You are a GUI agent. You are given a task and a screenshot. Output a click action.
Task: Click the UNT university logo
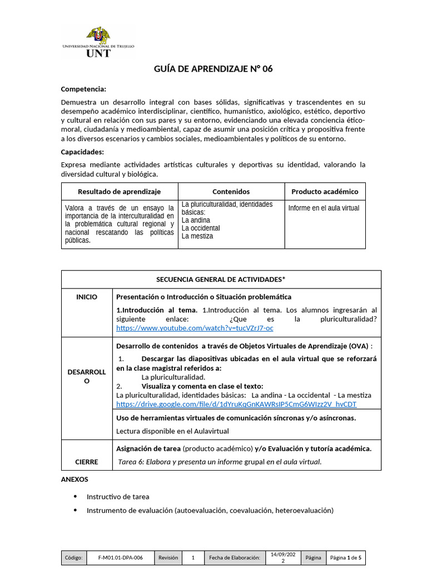(x=98, y=42)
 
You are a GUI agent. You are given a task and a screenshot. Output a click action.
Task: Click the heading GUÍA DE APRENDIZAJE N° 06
(x=213, y=69)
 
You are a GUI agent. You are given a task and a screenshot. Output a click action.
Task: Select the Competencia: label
(x=83, y=89)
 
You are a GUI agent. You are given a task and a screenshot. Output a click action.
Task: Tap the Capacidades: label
(x=82, y=152)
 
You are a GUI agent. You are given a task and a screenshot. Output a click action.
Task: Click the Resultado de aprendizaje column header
(x=119, y=192)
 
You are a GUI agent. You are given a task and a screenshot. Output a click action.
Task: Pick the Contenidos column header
(x=231, y=192)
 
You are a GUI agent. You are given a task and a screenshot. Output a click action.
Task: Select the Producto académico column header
(x=325, y=192)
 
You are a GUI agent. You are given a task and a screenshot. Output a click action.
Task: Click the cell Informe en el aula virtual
(x=324, y=208)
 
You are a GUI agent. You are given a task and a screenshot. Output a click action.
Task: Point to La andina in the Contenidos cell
(x=196, y=220)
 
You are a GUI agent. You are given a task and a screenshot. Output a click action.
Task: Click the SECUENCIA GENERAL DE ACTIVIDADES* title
(x=221, y=279)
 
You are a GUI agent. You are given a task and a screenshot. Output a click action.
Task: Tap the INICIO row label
(x=87, y=297)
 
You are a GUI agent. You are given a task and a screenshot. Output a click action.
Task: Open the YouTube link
(x=195, y=328)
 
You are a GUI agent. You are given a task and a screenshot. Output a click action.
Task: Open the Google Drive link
(x=236, y=404)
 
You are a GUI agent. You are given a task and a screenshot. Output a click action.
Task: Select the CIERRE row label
(x=87, y=462)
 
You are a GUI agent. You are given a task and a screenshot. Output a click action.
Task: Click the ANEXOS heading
(x=74, y=479)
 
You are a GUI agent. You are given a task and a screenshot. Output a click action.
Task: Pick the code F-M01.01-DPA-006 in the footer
(x=120, y=557)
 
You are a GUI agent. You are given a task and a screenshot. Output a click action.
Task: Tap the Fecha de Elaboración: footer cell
(x=234, y=557)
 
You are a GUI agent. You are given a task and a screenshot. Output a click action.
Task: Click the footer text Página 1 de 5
(x=345, y=557)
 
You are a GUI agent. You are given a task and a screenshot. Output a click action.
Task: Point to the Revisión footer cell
(x=168, y=557)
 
